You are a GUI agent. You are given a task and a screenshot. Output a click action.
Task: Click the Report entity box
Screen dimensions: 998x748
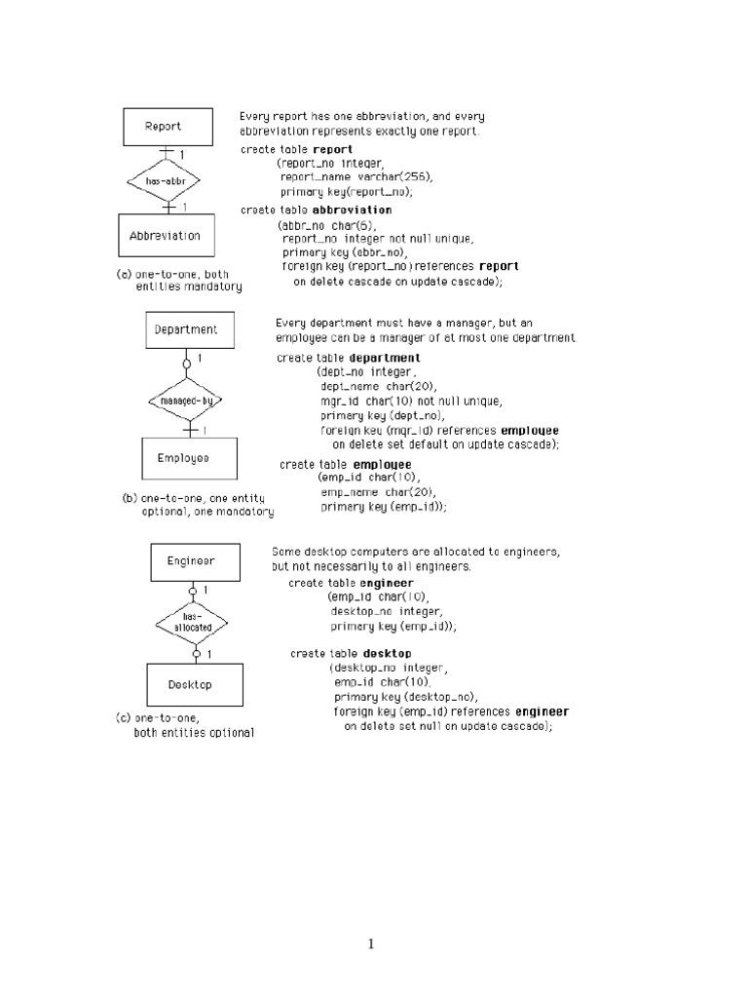tap(163, 126)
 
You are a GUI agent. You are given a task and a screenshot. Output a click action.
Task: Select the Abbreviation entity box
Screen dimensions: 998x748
tap(165, 236)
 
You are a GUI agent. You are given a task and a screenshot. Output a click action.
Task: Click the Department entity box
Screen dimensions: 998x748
tap(186, 329)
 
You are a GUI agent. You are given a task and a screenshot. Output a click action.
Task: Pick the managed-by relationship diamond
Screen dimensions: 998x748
tap(186, 400)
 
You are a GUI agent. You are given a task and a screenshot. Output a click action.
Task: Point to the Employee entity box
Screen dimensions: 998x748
tap(183, 457)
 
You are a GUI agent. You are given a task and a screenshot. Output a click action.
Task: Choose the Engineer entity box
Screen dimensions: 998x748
tap(190, 561)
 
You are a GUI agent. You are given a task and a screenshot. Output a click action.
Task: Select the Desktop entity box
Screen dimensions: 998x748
tap(189, 684)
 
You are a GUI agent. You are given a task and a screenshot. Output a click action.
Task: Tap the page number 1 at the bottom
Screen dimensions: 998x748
tap(371, 943)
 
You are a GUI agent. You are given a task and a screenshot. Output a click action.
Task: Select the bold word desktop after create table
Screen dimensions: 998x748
tap(387, 653)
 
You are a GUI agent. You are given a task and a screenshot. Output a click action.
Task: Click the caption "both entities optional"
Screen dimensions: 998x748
tap(194, 733)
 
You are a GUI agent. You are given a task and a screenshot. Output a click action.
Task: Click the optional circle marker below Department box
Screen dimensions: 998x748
tap(186, 365)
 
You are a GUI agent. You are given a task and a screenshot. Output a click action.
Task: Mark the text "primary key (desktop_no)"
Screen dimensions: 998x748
tap(405, 697)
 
